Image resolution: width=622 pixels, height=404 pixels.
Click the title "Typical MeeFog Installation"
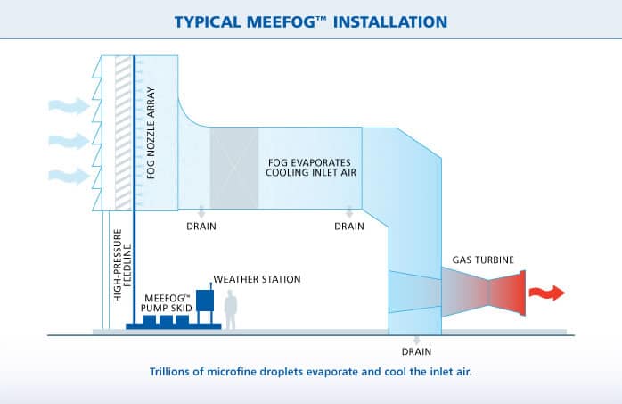click(x=311, y=21)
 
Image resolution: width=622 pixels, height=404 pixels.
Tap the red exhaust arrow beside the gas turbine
click(x=547, y=293)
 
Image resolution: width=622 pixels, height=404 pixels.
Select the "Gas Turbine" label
click(x=483, y=260)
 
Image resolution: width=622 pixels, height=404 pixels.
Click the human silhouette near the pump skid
click(x=231, y=309)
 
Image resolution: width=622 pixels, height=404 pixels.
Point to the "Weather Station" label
click(x=257, y=279)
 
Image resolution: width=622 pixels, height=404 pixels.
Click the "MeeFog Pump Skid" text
click(x=167, y=303)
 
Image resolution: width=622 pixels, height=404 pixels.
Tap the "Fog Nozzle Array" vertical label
click(x=151, y=133)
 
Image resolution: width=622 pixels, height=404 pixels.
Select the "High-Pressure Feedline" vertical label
click(x=122, y=265)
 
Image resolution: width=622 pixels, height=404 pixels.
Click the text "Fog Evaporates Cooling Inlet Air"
click(x=311, y=168)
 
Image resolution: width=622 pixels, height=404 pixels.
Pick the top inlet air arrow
click(x=69, y=106)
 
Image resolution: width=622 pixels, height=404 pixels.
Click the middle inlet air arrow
click(x=69, y=141)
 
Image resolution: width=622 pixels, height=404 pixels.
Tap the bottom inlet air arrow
click(x=69, y=176)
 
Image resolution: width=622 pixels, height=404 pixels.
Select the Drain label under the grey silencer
click(x=201, y=227)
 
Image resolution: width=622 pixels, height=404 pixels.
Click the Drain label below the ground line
click(x=416, y=351)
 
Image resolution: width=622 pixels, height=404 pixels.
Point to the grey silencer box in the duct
click(x=234, y=168)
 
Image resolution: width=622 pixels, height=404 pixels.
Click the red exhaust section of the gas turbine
click(x=507, y=293)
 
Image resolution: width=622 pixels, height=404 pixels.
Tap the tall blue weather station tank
click(x=205, y=301)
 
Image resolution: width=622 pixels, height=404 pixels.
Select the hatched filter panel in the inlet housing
click(x=123, y=133)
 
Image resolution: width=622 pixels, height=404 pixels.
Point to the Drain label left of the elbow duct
click(x=349, y=227)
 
